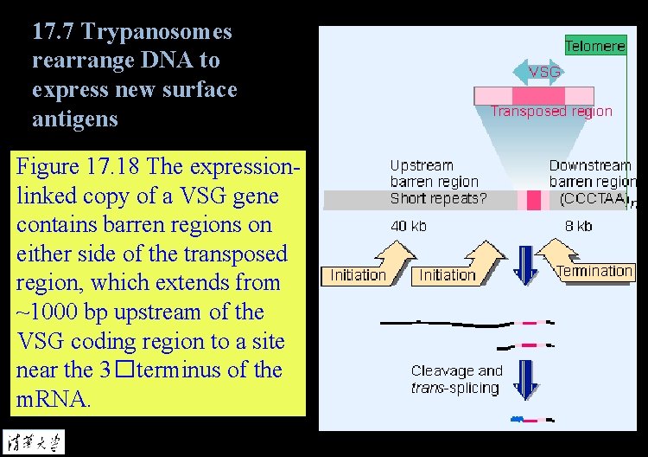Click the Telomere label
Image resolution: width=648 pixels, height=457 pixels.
tap(594, 46)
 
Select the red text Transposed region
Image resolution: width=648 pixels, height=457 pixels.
tap(551, 111)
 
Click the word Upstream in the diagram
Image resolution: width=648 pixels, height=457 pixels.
tap(422, 164)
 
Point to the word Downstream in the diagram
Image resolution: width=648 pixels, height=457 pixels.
tap(590, 164)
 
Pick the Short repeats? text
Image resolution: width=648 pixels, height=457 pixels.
tap(438, 198)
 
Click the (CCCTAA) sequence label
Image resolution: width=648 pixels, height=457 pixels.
tap(594, 198)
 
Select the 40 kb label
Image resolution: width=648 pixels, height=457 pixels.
tap(409, 227)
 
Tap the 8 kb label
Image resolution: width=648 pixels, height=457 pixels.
tap(578, 227)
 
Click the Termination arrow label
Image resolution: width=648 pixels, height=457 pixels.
tap(594, 271)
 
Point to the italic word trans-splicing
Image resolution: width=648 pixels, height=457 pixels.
tap(454, 388)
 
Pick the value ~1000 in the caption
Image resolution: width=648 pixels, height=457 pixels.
tap(50, 312)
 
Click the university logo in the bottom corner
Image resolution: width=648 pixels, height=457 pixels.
tap(34, 441)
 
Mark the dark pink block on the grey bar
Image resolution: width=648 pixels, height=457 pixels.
tap(533, 201)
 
